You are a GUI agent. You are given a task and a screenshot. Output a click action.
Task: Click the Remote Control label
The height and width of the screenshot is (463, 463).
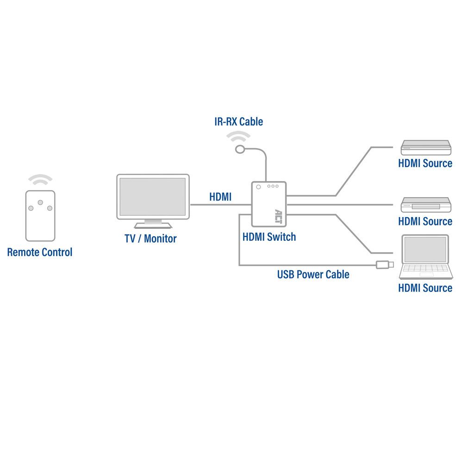(40, 252)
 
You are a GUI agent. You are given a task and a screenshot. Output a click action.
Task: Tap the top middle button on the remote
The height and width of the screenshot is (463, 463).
(40, 202)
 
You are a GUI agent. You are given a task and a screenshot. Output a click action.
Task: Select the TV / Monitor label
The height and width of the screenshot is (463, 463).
(150, 239)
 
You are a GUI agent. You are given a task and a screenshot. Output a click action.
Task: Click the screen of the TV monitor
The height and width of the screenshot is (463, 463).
(153, 196)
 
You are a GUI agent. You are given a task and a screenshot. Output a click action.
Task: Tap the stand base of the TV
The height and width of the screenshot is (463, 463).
(153, 225)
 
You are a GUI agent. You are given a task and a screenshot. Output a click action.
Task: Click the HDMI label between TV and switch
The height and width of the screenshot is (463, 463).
(220, 197)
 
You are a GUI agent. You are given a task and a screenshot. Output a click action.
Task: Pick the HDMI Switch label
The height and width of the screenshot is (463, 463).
(269, 237)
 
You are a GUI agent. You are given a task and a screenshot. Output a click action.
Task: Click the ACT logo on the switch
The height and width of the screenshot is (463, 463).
(278, 216)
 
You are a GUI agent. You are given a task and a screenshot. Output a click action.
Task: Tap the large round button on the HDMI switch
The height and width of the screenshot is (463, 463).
(258, 187)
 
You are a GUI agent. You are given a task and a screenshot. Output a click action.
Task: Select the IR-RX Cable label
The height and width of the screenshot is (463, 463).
(238, 122)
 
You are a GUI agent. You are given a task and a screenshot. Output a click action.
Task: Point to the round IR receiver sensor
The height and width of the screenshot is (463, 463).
(240, 149)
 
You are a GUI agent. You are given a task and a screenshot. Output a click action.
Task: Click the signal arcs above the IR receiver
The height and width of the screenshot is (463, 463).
(239, 137)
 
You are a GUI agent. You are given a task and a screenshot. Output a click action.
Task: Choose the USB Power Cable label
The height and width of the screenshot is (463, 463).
(313, 274)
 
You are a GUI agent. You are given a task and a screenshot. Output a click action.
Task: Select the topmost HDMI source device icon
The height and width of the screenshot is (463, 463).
(425, 148)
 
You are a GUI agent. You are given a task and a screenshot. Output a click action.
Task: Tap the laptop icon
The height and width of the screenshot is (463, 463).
(425, 257)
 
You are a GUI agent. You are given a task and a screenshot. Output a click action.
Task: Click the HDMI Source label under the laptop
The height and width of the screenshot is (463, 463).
(425, 288)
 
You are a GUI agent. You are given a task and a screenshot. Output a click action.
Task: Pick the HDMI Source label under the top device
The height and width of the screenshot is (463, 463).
(425, 163)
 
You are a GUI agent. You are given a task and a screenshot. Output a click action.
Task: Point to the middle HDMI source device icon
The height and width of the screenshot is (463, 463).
(425, 205)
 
